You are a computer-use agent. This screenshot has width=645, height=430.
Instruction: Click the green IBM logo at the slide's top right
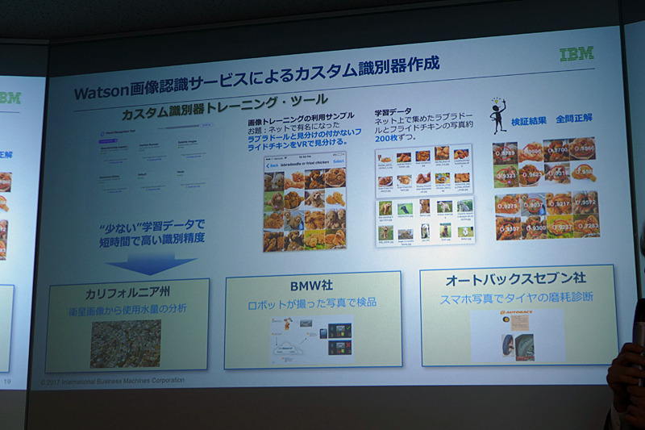576,53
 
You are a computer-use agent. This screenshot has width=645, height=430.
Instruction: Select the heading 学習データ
393,111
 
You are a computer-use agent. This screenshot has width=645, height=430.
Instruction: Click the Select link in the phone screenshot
338,161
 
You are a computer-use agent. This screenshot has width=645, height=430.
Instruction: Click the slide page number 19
7,379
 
